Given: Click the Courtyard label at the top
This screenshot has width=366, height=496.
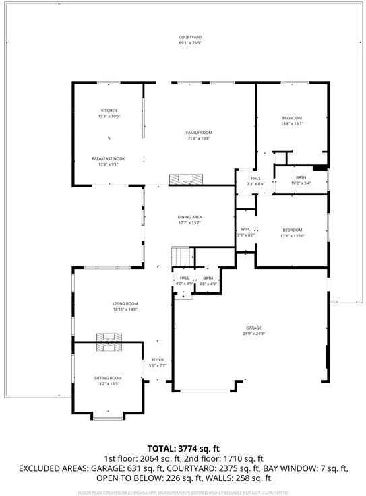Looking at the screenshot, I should (x=190, y=37).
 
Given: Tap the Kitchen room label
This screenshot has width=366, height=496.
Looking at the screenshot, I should (x=109, y=110).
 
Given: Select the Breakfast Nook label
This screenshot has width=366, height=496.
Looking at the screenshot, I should (x=109, y=159).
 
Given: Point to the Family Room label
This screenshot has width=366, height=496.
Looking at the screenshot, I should (x=199, y=133).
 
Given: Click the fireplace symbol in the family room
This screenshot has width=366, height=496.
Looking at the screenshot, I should (x=185, y=179).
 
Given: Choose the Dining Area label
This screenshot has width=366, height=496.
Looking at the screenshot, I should (x=190, y=217).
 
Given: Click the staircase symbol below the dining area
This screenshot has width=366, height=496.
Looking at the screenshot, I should (x=181, y=257).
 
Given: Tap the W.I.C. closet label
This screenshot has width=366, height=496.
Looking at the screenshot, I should (x=246, y=229).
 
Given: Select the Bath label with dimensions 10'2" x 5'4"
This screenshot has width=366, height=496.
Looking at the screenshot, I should (x=301, y=178).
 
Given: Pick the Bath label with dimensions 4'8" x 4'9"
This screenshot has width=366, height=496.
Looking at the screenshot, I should (x=208, y=278).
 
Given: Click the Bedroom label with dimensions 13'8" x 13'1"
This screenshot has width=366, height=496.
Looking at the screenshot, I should (x=292, y=118).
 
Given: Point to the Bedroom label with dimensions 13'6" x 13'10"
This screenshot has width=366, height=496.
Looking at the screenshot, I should (x=292, y=230).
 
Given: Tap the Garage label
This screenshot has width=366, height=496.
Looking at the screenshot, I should (x=253, y=328).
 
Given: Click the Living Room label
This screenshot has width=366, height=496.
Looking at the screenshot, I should (x=125, y=304).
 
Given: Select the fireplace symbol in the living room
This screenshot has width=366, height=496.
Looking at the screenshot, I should (x=109, y=338).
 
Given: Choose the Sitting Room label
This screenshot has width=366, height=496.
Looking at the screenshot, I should (x=108, y=378).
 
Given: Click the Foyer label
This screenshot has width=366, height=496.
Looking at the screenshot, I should (x=158, y=360).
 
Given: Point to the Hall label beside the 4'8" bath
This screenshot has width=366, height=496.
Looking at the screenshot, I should (x=184, y=278).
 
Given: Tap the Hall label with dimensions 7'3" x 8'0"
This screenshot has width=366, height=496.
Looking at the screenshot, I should (x=255, y=178).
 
